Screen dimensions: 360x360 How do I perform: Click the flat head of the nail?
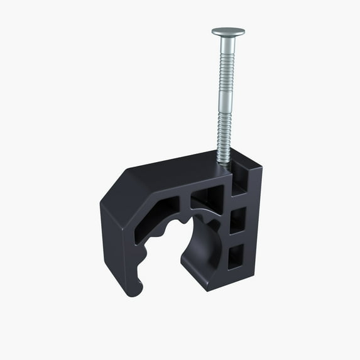[227, 31]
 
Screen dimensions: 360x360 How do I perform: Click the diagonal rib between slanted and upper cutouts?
[187, 202]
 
